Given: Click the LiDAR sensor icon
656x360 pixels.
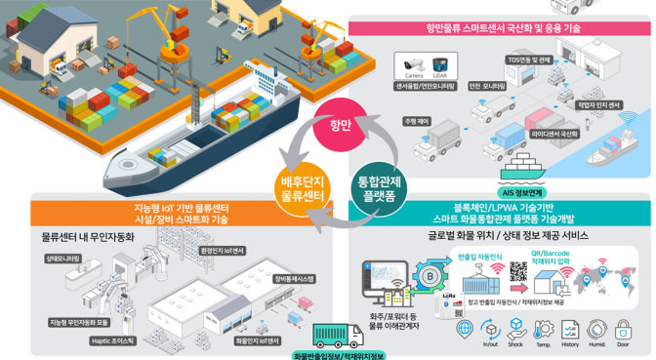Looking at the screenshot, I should pyautogui.click(x=440, y=66).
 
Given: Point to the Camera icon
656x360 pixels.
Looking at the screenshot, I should pyautogui.click(x=415, y=66).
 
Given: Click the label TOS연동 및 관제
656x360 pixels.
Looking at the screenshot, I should pyautogui.click(x=531, y=60).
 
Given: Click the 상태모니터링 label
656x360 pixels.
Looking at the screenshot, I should pyautogui.click(x=61, y=259).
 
